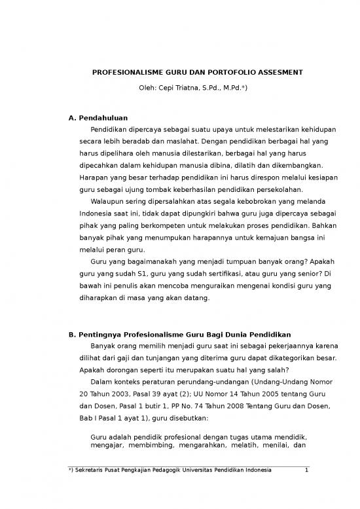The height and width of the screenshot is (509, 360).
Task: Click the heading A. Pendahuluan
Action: click(x=98, y=118)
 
